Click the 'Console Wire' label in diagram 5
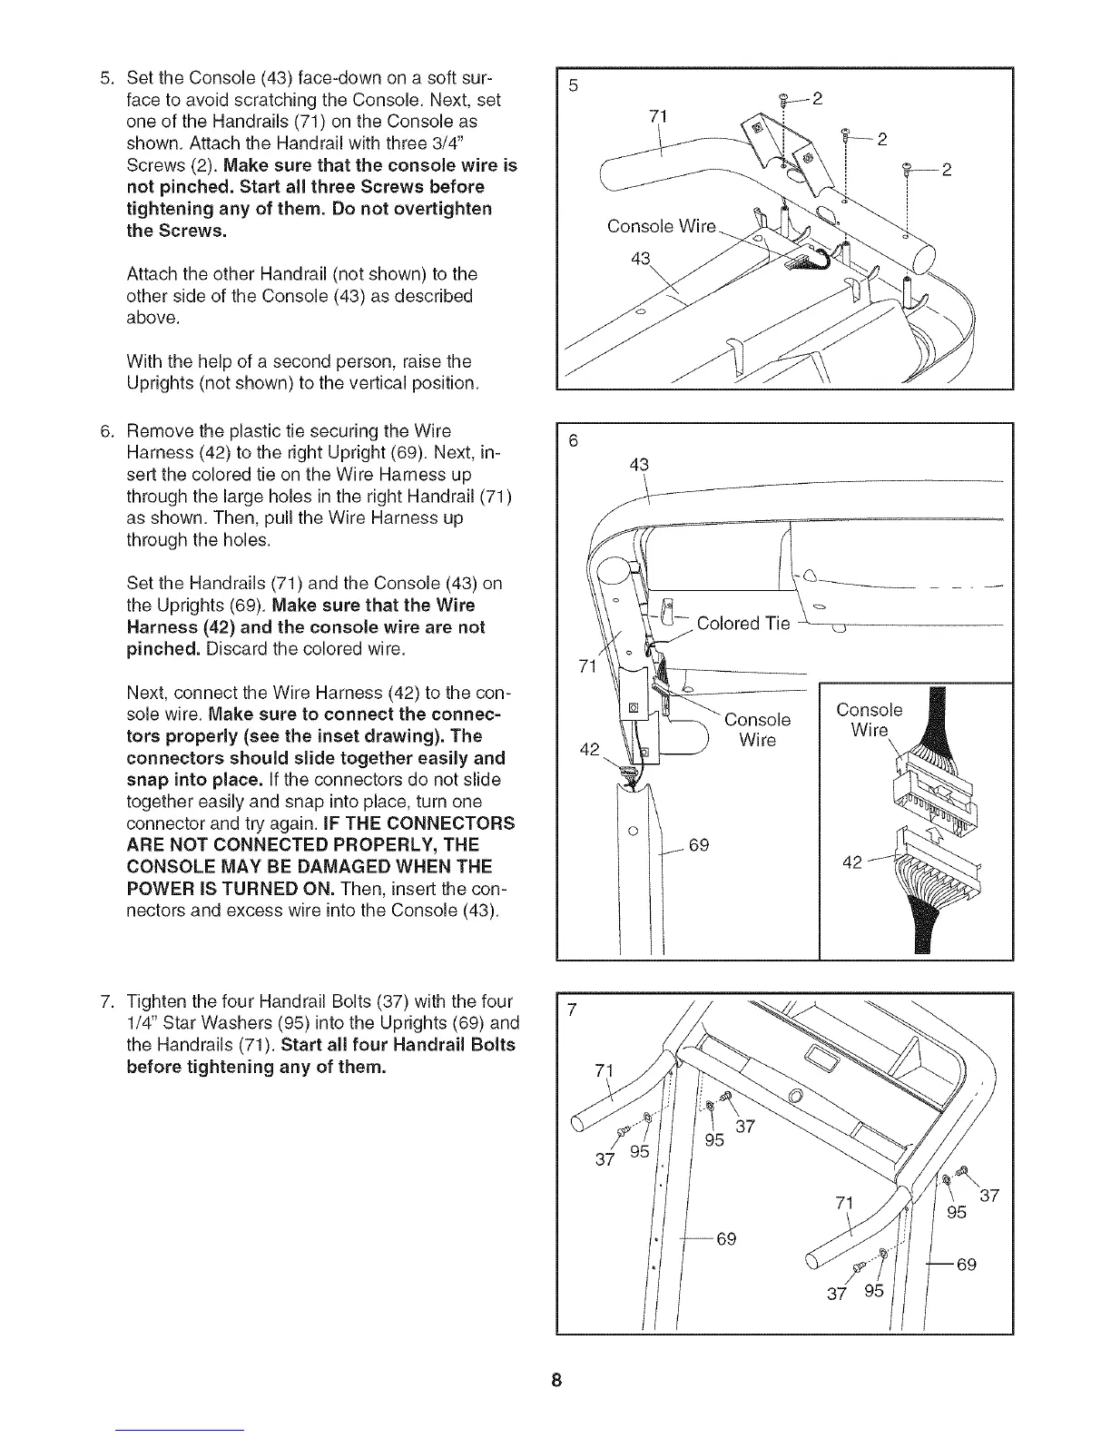coord(662,226)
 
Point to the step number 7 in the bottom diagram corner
coord(572,1011)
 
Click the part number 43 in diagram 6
coord(638,465)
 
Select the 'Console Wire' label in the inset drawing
coord(870,720)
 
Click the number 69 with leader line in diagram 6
coord(698,846)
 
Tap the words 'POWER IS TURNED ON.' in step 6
coord(233,887)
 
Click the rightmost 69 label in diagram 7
coord(966,1264)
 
